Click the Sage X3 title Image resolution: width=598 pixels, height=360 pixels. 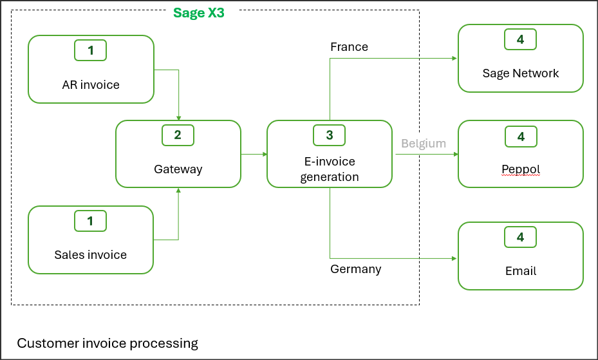[x=198, y=13]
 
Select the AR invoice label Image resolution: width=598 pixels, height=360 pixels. [x=91, y=84]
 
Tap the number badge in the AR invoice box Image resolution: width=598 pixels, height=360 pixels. [x=91, y=50]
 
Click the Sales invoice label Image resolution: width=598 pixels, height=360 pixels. [x=90, y=254]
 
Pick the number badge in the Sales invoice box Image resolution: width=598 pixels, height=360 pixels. [x=90, y=221]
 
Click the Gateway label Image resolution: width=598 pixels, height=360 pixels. [x=178, y=169]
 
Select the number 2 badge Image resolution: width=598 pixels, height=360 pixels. [x=178, y=135]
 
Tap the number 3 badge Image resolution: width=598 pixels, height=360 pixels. [x=330, y=135]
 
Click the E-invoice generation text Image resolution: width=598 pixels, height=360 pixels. [x=329, y=169]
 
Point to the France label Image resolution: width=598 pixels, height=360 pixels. [x=349, y=47]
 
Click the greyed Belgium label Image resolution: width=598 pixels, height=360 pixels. [x=424, y=143]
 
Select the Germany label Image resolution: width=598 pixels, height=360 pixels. [x=355, y=269]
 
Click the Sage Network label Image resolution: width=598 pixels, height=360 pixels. [x=520, y=73]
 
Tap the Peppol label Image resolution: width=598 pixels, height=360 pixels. [x=520, y=169]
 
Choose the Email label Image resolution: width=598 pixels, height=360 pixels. [x=520, y=270]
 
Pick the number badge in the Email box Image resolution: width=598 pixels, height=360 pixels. [x=520, y=237]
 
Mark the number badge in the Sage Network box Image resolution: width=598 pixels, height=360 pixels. [x=520, y=39]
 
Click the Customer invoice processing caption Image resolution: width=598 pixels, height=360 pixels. [x=107, y=343]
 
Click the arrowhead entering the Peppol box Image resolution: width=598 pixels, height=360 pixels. [x=454, y=155]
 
